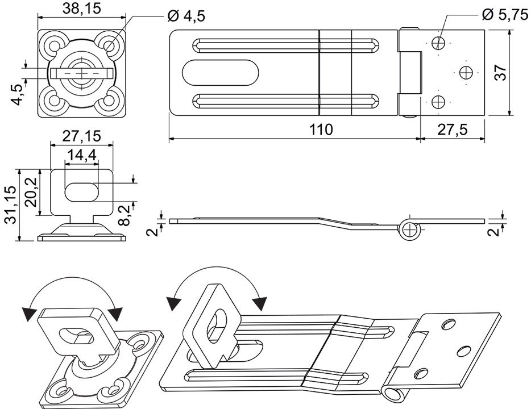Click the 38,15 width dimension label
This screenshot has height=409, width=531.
coord(82,8)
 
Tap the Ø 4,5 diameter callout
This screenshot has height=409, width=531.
coord(186,16)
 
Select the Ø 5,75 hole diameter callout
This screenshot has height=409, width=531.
coord(505,14)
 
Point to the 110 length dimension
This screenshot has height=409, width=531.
coord(321,130)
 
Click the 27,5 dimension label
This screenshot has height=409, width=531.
coord(453,130)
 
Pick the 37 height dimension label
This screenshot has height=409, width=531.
coord(500,72)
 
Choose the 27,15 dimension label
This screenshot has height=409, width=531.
coord(82,136)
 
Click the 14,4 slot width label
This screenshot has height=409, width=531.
coord(82,155)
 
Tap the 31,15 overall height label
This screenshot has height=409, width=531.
coord(11,204)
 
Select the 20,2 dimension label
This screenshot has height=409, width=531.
coord(31,192)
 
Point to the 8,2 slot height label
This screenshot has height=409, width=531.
coord(125,215)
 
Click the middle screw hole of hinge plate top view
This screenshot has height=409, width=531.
coord(465,72)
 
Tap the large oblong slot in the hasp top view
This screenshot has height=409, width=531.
coord(221,72)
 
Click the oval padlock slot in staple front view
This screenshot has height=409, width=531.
coord(82,192)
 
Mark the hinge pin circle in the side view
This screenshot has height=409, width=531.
coord(409,229)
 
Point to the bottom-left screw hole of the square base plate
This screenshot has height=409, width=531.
coord(53,101)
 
